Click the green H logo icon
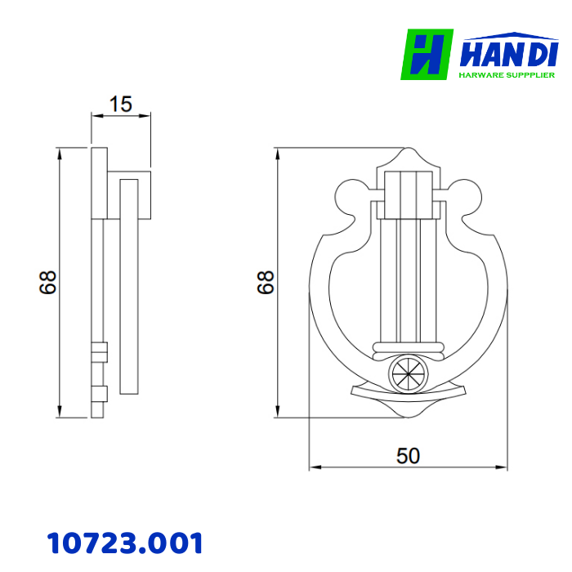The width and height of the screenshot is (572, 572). pos(427,55)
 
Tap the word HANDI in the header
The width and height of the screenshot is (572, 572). pos(508,54)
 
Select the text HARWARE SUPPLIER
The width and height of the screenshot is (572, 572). pos(507,74)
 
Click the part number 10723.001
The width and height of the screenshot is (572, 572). pos(124,543)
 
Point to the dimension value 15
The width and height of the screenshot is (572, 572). pos(120,105)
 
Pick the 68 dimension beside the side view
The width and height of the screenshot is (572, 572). pos(47,283)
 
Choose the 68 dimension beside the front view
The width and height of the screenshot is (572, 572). pos(265,283)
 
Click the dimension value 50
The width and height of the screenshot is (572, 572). pos(408,455)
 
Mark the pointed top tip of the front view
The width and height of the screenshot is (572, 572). pos(408,150)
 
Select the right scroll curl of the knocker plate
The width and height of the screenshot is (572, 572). pos(465,199)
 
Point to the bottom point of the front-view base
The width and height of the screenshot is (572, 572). pos(408,418)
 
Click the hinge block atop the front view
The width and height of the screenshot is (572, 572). pos(408,194)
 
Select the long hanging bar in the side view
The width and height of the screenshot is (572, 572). pos(128,286)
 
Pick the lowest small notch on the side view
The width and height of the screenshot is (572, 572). pos(99,393)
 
